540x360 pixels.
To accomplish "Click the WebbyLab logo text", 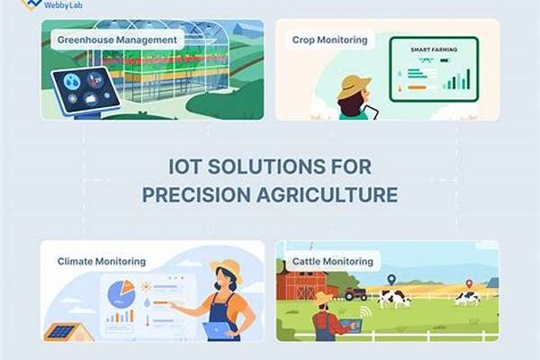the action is tap(63, 4).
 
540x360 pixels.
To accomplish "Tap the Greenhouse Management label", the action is tap(117, 40).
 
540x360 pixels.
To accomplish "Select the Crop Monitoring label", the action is tap(329, 40).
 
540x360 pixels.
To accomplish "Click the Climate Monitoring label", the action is tap(102, 262).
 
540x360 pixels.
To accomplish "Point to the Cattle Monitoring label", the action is tap(333, 262).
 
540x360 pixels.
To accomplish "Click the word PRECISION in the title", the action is tap(196, 194).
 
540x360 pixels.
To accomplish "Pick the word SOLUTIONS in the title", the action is tap(266, 166).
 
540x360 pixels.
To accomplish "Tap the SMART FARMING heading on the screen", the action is tap(434, 49).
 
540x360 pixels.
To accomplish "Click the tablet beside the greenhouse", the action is tap(85, 91).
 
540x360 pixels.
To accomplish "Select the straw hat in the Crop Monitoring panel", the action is tap(354, 86).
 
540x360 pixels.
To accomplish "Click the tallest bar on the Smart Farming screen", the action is tap(468, 79).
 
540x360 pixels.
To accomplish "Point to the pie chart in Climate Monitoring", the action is tap(121, 293).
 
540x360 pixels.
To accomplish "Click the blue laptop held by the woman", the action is tap(218, 331).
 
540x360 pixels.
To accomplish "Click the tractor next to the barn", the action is tap(355, 294).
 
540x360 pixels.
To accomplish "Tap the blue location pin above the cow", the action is tap(391, 279).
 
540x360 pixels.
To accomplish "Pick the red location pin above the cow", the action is tap(469, 284).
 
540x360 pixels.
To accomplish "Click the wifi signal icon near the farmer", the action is tap(365, 312).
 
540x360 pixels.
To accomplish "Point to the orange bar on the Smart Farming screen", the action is tap(417, 87).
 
